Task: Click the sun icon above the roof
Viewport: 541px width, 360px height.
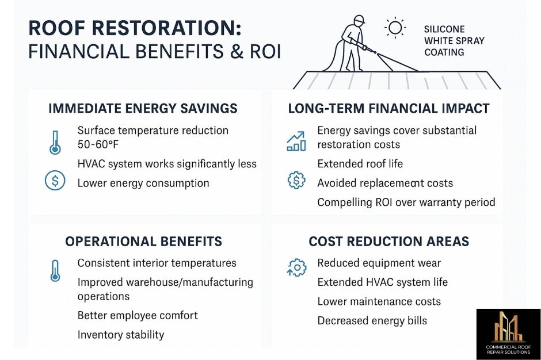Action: click(x=395, y=27)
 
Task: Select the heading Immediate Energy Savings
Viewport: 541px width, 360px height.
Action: click(x=143, y=108)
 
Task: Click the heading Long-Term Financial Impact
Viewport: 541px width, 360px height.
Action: click(x=388, y=108)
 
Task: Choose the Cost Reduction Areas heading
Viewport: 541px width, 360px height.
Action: click(x=388, y=241)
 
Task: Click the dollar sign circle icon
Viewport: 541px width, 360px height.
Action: click(x=55, y=182)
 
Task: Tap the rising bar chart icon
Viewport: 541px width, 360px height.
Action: click(x=296, y=140)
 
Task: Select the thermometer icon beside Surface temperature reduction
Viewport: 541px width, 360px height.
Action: click(x=55, y=141)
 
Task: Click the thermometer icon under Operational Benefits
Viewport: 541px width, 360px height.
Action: click(x=55, y=270)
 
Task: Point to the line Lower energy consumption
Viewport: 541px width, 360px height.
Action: click(x=143, y=183)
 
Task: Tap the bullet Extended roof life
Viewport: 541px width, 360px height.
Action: click(x=360, y=164)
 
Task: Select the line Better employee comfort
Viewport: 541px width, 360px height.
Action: click(x=138, y=315)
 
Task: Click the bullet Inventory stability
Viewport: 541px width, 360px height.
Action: click(x=121, y=334)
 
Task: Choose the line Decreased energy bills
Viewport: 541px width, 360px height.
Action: click(x=372, y=320)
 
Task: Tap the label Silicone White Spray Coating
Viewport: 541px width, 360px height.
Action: click(x=454, y=41)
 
